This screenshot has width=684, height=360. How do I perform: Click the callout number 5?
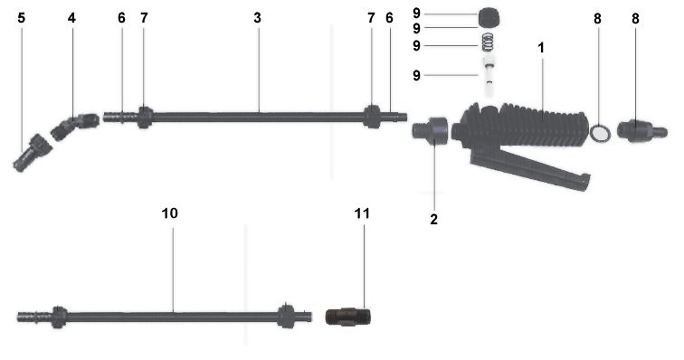[22, 18]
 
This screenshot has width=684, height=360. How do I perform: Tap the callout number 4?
[71, 18]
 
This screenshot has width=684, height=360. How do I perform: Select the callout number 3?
[257, 18]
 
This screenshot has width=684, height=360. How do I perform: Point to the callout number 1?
[541, 48]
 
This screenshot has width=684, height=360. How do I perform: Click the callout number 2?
[433, 220]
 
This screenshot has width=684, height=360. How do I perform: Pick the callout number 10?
[170, 213]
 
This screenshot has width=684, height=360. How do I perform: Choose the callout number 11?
[362, 213]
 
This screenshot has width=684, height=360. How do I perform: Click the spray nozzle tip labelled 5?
[33, 153]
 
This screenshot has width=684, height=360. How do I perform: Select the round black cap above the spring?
[489, 17]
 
